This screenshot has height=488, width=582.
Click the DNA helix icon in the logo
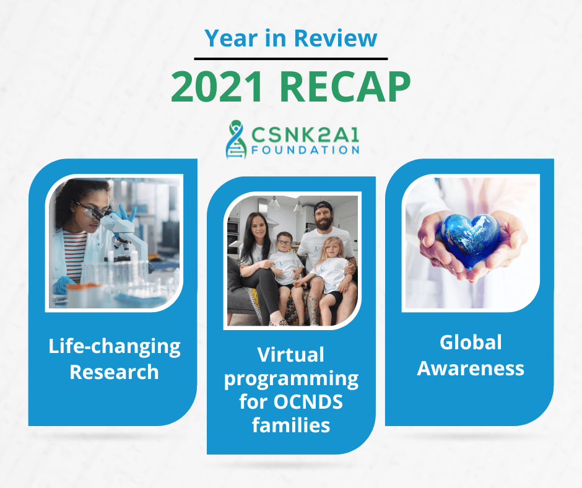[236, 139]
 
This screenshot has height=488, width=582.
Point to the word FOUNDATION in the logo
[305, 150]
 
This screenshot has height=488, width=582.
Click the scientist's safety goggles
[90, 211]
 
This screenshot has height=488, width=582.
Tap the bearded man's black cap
[323, 207]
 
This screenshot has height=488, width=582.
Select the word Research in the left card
[115, 372]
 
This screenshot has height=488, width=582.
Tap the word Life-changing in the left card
[115, 347]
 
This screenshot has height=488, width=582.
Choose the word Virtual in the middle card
[291, 355]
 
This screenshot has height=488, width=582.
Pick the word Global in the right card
[471, 342]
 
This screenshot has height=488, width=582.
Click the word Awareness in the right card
[471, 368]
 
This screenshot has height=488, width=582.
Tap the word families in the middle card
[291, 425]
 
